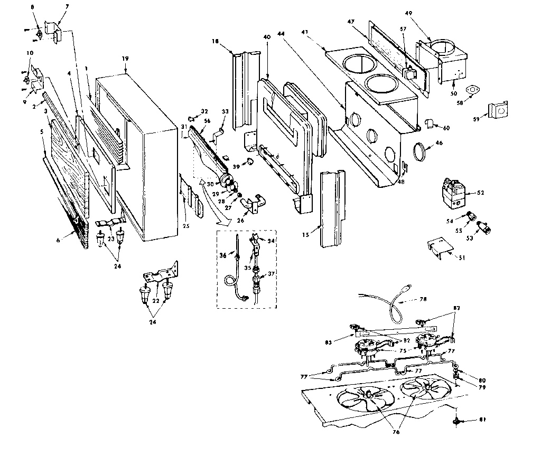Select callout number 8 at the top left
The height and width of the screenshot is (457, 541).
(33, 7)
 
